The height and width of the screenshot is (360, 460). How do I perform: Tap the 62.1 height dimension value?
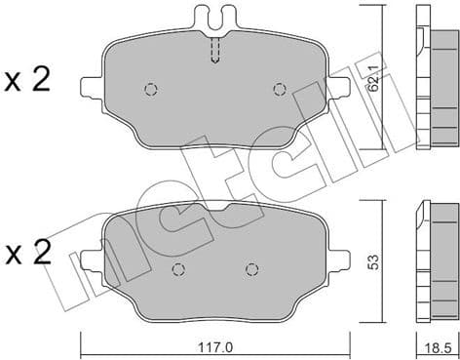click(374, 76)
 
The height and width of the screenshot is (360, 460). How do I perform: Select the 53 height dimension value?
click(374, 260)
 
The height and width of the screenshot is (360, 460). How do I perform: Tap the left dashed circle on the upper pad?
click(150, 90)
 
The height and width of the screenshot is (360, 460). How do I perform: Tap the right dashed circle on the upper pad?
click(280, 90)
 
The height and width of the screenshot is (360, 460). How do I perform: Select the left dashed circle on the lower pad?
click(177, 270)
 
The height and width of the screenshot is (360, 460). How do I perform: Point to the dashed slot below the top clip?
click(215, 48)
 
